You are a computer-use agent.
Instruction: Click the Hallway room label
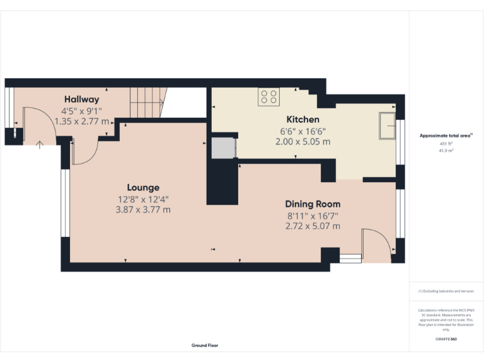[81, 99]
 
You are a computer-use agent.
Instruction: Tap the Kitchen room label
[302, 119]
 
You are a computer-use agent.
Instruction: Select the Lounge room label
[143, 187]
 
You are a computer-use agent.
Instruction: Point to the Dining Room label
[313, 204]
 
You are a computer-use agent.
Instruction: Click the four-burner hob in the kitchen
[268, 96]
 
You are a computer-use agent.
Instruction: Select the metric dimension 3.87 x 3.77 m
[143, 210]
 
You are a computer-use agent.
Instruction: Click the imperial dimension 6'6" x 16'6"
[302, 131]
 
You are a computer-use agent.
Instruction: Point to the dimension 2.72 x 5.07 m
[313, 226]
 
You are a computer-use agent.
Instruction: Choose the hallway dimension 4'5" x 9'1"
[81, 110]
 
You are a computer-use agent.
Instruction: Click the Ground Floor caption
[205, 345]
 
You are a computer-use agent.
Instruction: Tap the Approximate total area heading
[446, 135]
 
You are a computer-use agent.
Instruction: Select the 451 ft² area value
[446, 144]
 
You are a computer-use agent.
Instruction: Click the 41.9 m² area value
[446, 151]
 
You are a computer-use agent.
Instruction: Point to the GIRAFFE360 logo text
[446, 339]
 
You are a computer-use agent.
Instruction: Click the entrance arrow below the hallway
[40, 145]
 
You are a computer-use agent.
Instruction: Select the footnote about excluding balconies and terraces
[446, 291]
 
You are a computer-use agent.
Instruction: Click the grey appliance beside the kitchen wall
[222, 149]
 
